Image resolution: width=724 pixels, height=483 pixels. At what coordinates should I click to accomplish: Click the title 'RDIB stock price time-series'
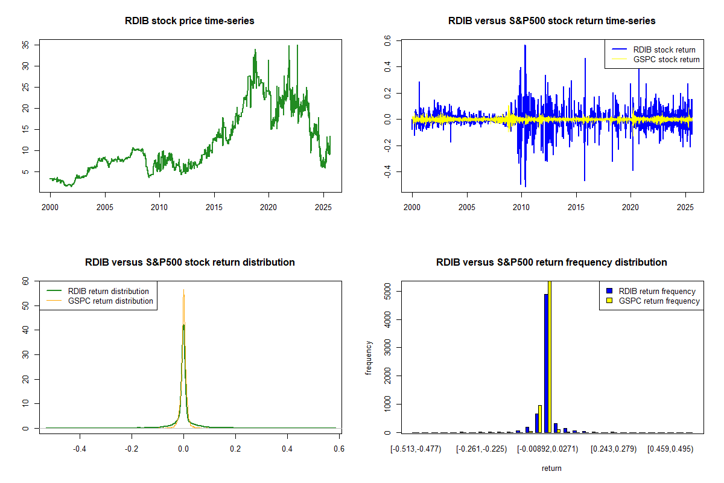point(189,21)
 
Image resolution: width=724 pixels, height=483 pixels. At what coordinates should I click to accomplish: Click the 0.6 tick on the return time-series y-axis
point(388,40)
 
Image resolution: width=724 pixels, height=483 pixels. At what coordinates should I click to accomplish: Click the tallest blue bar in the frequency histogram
point(546,363)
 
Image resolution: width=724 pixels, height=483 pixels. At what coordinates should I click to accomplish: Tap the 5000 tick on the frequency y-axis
point(388,291)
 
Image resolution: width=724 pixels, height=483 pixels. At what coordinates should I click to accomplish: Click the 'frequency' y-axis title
point(369,357)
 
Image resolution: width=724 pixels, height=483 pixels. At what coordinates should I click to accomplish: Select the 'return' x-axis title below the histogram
point(551,468)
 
